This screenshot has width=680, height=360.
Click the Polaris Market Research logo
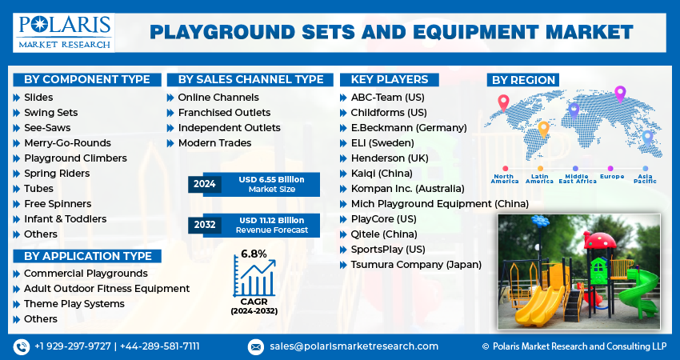point(64,33)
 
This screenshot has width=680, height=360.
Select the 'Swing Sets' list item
point(50,113)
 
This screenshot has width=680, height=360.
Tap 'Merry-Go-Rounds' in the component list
point(67,143)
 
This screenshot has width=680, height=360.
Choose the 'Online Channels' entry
point(218,98)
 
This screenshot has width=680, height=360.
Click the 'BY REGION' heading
point(523,80)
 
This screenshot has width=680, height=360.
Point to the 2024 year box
point(205,184)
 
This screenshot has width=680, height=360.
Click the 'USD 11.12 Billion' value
point(271,220)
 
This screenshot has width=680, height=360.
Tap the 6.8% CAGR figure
point(254,254)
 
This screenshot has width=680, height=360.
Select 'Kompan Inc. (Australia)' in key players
point(407,189)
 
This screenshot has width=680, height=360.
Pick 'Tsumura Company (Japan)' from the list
point(416,265)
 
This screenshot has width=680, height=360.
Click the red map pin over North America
point(503,103)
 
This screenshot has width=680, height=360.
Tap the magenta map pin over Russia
point(620,94)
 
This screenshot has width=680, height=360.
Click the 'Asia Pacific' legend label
point(645,178)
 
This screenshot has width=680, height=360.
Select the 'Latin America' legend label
point(539,178)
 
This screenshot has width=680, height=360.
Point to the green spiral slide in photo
point(637,290)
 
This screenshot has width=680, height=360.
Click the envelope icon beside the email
point(256,347)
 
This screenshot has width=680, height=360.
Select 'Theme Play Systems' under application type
point(74,304)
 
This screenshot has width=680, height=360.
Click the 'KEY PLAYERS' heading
point(389,80)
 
